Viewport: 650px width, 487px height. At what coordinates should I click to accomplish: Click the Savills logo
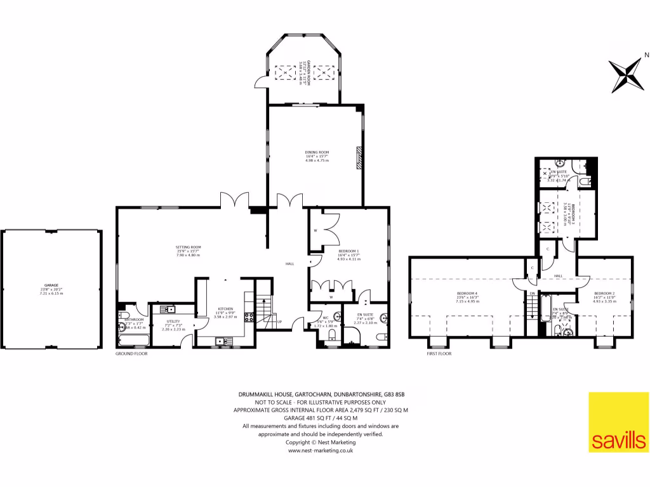pyautogui.click(x=619, y=422)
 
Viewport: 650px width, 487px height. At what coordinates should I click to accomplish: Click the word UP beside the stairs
pyautogui.click(x=279, y=321)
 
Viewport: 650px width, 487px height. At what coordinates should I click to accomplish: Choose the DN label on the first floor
pyautogui.click(x=532, y=294)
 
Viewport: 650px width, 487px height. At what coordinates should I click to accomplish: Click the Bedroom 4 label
pyautogui.click(x=467, y=294)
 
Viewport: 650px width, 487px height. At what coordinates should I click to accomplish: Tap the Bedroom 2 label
pyautogui.click(x=604, y=294)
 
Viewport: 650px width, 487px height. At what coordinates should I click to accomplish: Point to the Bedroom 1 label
pyautogui.click(x=348, y=252)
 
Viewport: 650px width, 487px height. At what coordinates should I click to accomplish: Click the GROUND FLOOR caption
pyautogui.click(x=131, y=353)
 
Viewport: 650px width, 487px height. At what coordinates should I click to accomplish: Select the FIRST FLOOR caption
pyautogui.click(x=439, y=353)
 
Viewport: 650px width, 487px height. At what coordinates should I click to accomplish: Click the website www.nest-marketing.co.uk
pyautogui.click(x=321, y=450)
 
